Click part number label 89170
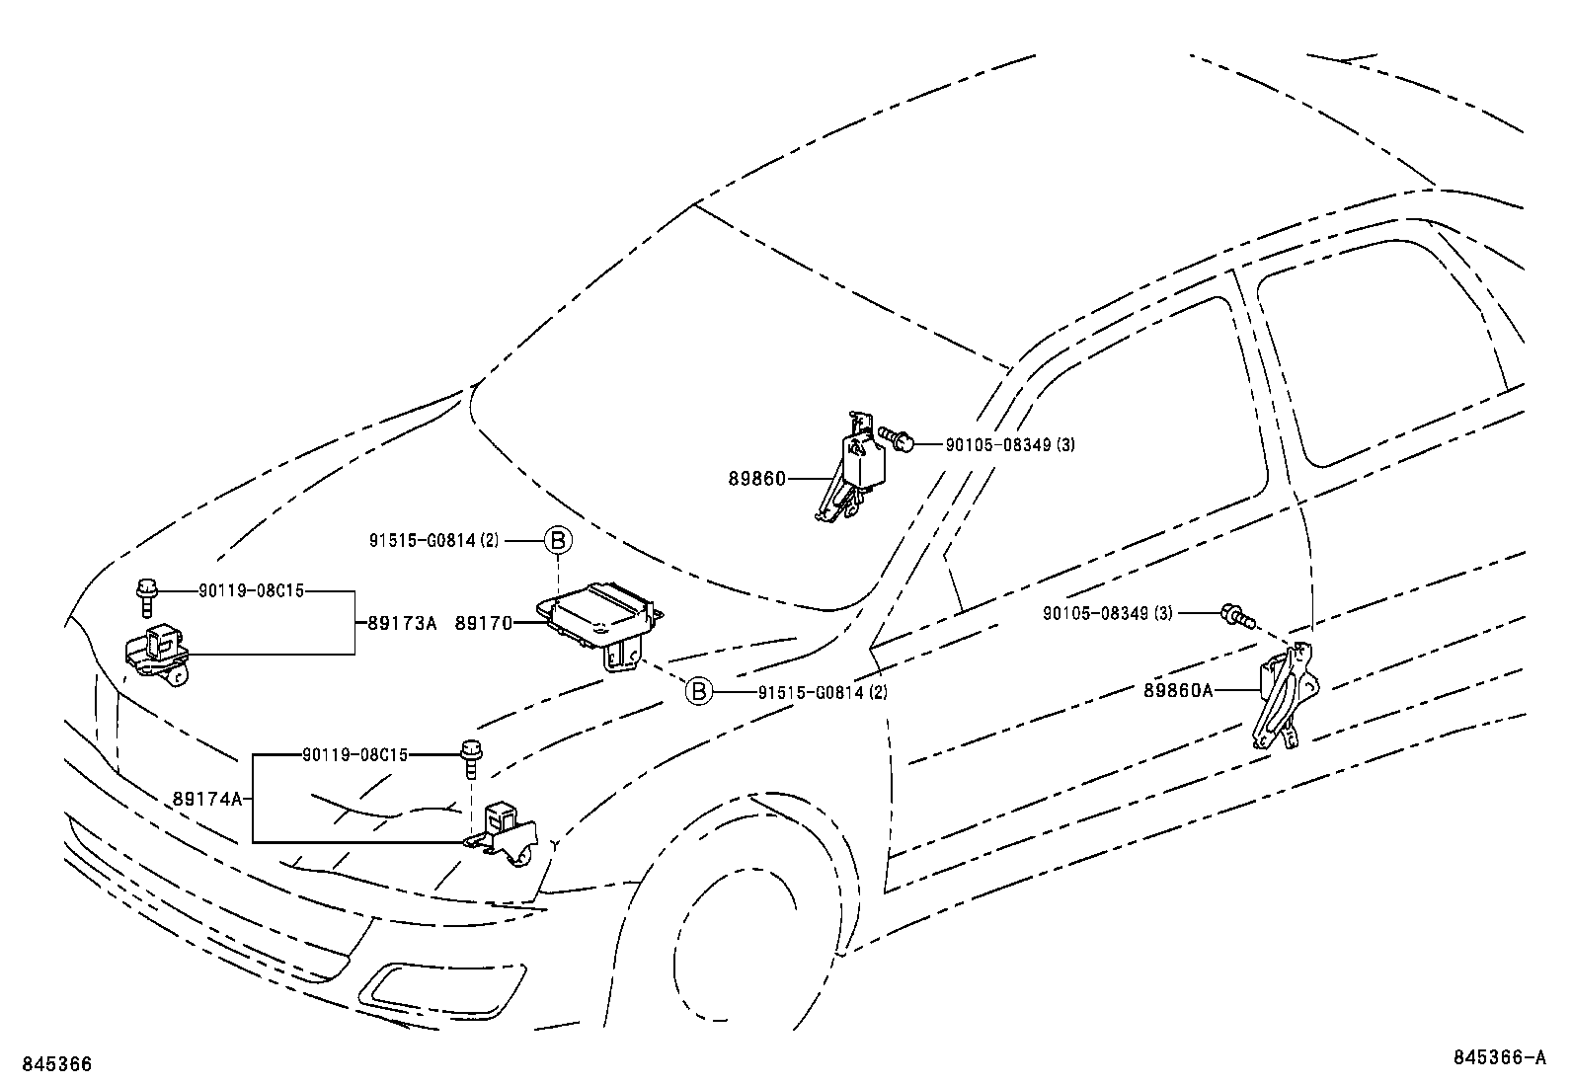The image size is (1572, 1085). pos(483,624)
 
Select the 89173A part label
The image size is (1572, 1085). pos(401,624)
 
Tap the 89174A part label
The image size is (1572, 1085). pos(206,799)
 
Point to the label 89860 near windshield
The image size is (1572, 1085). pos(757,479)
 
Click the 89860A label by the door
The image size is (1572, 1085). pos(1178,691)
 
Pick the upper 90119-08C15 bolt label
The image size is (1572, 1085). pos(250,590)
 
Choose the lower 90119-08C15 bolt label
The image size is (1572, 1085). pos(354,755)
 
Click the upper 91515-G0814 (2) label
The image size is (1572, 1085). pos(434,540)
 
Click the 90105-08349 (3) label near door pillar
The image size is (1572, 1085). pos(1107,613)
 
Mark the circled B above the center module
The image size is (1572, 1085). pos(558,540)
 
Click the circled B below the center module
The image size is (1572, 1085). pos(698,691)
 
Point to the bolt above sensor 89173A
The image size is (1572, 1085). pos(146,595)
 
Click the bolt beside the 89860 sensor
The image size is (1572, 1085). pos(897,438)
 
